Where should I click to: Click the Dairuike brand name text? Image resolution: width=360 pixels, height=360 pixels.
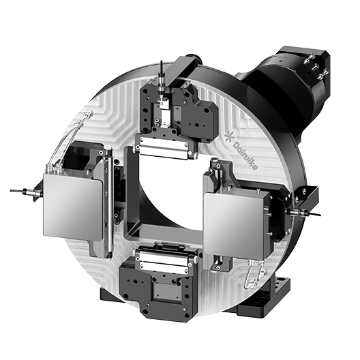tap(245, 155)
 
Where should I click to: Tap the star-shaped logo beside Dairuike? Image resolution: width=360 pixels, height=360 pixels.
tap(228, 136)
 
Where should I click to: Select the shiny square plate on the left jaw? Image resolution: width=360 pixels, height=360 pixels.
tap(72, 207)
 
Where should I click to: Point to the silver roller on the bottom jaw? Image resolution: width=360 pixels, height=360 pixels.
tap(164, 259)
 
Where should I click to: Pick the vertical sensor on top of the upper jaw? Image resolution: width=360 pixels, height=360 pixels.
tap(162, 83)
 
